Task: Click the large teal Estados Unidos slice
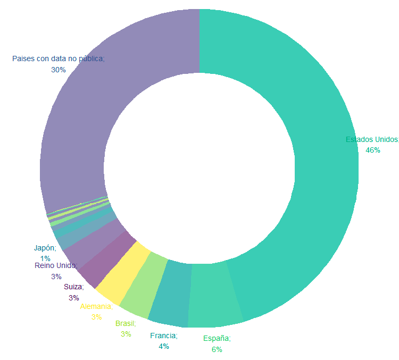pyautogui.click(x=319, y=160)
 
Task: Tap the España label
pyautogui.click(x=217, y=338)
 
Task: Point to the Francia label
pyautogui.click(x=164, y=336)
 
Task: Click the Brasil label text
pyautogui.click(x=126, y=323)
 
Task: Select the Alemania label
pyautogui.click(x=97, y=306)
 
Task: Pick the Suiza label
pyautogui.click(x=73, y=287)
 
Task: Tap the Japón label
pyautogui.click(x=45, y=248)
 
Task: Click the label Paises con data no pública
pyautogui.click(x=59, y=58)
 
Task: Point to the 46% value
pyautogui.click(x=373, y=150)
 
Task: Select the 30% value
pyautogui.click(x=59, y=70)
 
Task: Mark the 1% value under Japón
pyautogui.click(x=45, y=258)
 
